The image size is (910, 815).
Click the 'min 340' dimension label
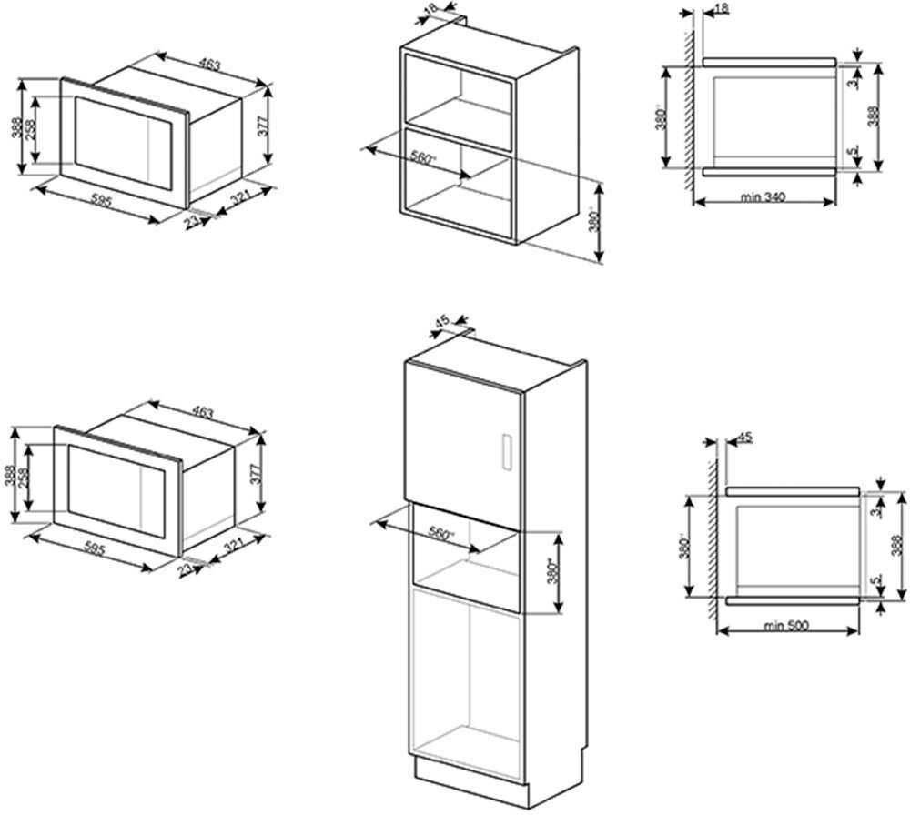click(762, 196)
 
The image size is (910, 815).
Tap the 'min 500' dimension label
click(786, 625)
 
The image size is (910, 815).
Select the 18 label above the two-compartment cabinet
click(431, 7)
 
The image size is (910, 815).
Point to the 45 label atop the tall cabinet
click(442, 320)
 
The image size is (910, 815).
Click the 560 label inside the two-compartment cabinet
click(423, 157)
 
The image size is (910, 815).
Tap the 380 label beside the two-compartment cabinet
click(592, 222)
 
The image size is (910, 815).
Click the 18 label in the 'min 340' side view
click(722, 8)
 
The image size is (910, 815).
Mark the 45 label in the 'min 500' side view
click(745, 438)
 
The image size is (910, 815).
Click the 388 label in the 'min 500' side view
click(896, 544)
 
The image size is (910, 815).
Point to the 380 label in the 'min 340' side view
click(662, 118)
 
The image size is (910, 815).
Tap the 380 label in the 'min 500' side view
click(685, 546)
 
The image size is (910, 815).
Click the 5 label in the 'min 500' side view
click(875, 579)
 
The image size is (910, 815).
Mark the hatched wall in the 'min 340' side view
click(690, 109)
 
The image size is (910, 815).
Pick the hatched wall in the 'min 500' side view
click(713, 537)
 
